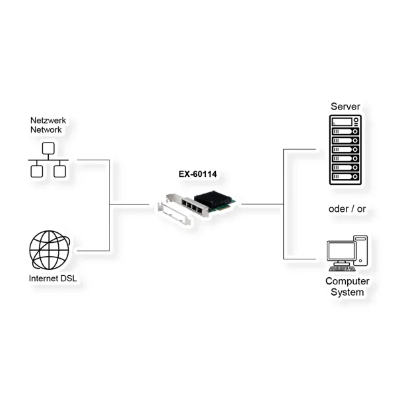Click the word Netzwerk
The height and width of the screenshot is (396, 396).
(49, 121)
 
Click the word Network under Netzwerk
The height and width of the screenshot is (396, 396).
(46, 130)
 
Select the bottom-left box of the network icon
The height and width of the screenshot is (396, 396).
(37, 172)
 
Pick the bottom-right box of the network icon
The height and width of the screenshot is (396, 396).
(59, 172)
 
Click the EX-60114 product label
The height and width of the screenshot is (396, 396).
(198, 175)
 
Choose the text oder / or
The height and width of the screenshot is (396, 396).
(347, 209)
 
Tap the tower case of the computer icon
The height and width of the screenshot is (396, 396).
(360, 250)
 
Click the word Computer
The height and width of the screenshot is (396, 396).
(346, 281)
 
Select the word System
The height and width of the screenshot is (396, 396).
(346, 292)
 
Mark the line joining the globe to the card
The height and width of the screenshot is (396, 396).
(92, 251)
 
